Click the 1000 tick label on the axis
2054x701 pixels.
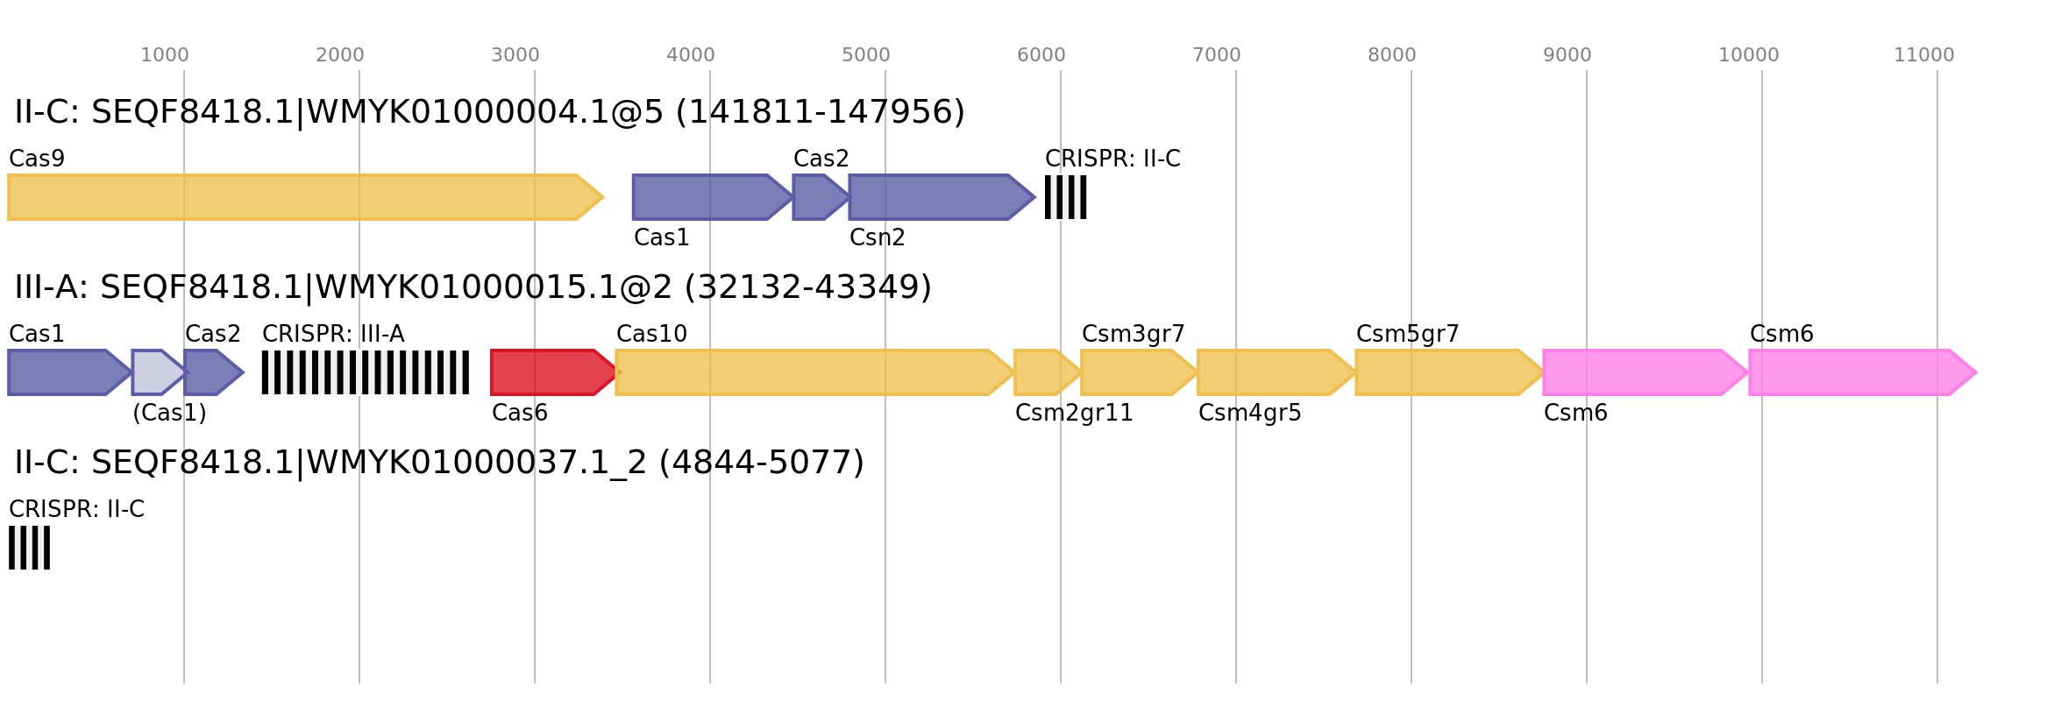coord(165,55)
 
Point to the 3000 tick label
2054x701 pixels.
coord(515,55)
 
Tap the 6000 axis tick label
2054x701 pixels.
coord(1041,55)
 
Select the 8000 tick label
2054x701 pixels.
coord(1391,55)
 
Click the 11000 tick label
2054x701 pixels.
coord(1923,55)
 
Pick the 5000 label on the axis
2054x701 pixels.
coord(865,55)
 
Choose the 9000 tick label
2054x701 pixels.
coord(1567,55)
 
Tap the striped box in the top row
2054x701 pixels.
coord(1065,197)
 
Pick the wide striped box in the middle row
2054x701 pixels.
coord(365,372)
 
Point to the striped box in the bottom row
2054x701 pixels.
coord(29,548)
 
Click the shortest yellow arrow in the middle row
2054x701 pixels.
coord(1044,372)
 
